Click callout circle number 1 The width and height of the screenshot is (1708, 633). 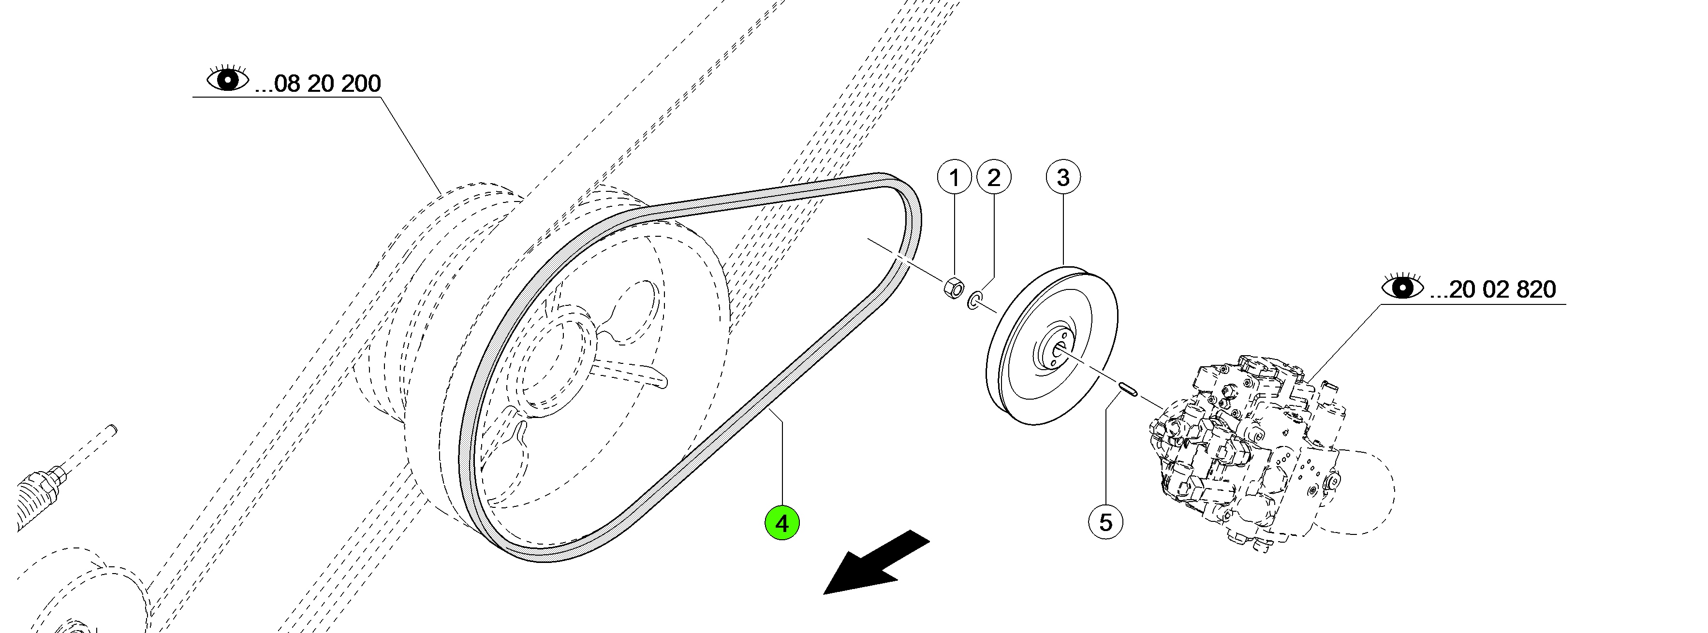[x=954, y=178]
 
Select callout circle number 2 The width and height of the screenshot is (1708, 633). [x=993, y=178]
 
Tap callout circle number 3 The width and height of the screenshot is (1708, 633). [x=1063, y=178]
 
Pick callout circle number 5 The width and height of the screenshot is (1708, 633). [x=1106, y=522]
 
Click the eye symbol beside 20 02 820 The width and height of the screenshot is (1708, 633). [x=1402, y=287]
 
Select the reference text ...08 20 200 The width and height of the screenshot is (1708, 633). [x=318, y=84]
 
